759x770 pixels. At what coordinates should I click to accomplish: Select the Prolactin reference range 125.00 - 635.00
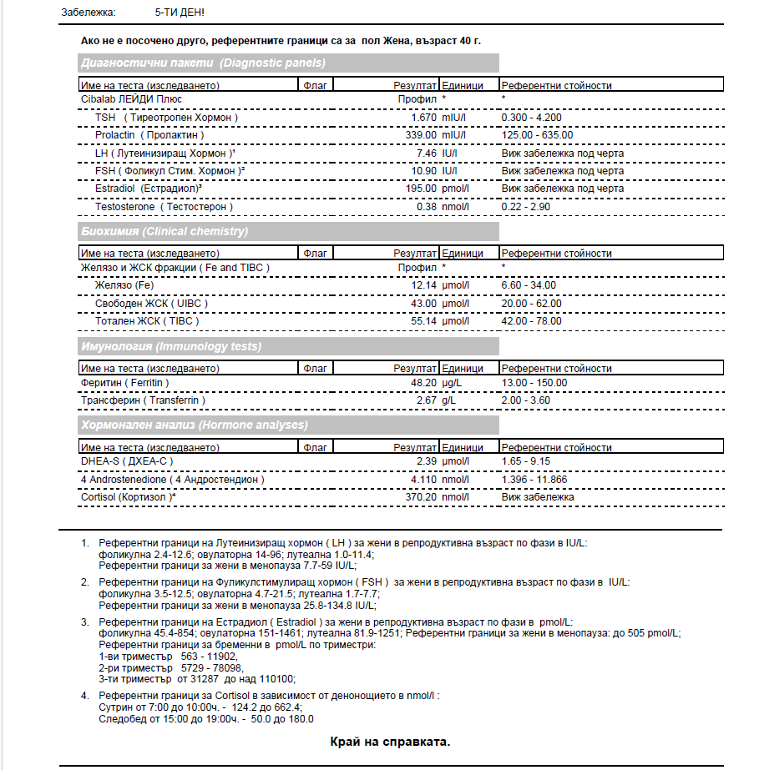pyautogui.click(x=537, y=135)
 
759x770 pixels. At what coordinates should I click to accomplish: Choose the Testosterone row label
pyautogui.click(x=164, y=206)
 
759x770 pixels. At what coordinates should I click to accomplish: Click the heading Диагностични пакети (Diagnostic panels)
pyautogui.click(x=203, y=63)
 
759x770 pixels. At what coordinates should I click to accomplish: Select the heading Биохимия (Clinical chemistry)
pyautogui.click(x=164, y=231)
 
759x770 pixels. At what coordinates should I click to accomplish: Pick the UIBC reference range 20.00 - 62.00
pyautogui.click(x=531, y=303)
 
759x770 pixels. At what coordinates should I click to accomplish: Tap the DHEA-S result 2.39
pyautogui.click(x=427, y=461)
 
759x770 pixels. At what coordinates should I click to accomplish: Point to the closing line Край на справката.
pyautogui.click(x=391, y=742)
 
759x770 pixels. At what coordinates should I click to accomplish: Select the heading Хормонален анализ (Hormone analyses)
pyautogui.click(x=195, y=425)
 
